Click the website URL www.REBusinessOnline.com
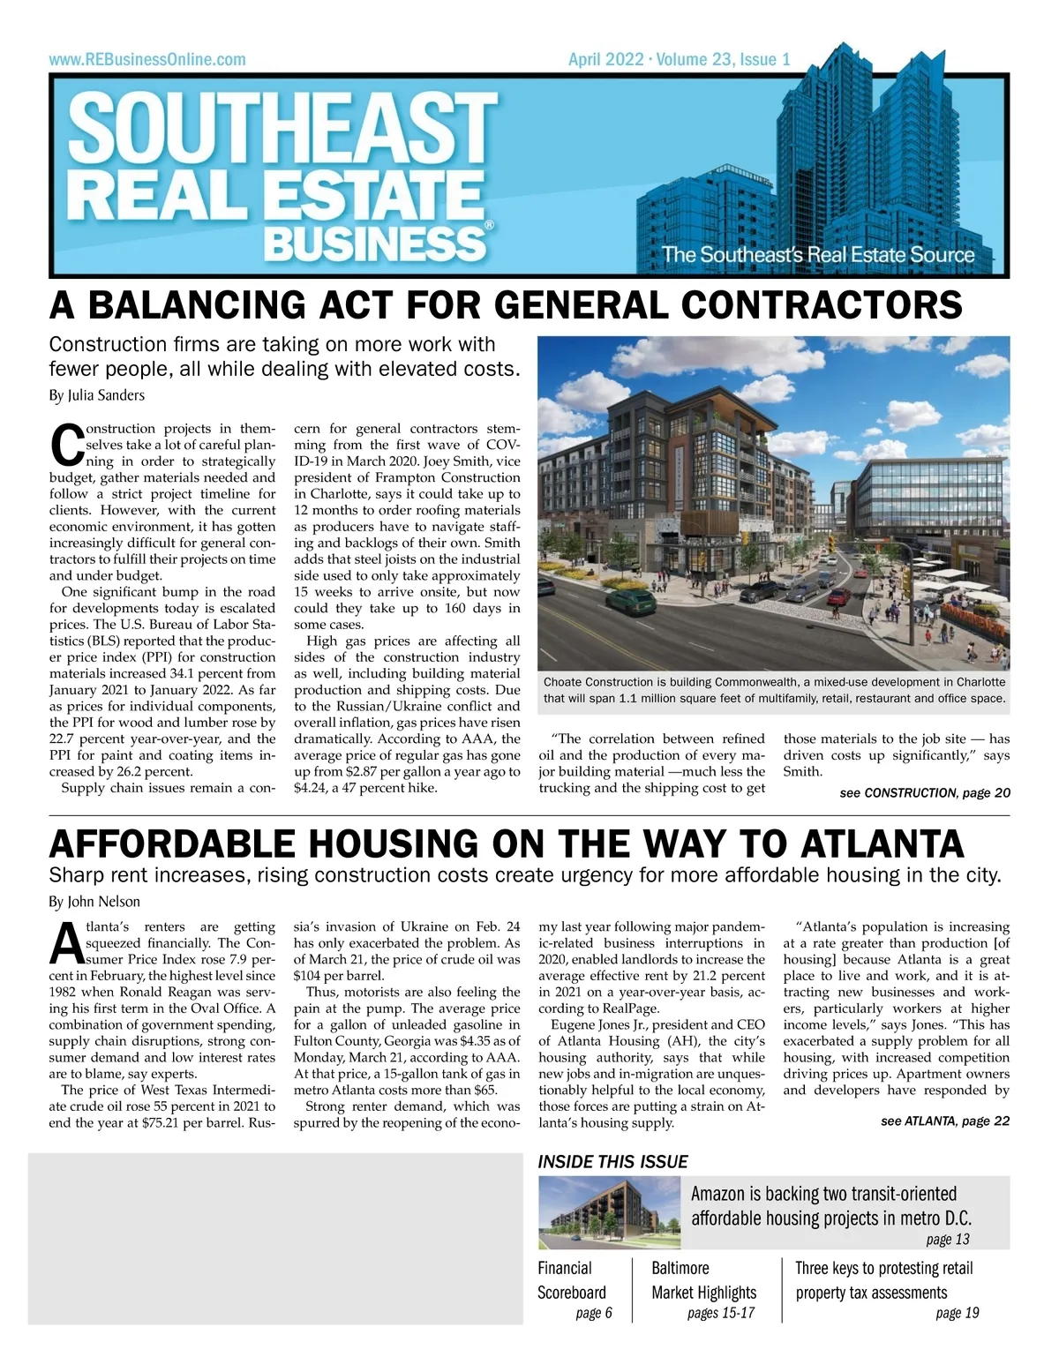click(x=147, y=60)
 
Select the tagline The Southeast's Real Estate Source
click(x=818, y=255)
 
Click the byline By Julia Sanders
click(x=97, y=395)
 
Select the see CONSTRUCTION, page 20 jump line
click(x=925, y=793)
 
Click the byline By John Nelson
click(x=94, y=902)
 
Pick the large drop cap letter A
click(x=66, y=944)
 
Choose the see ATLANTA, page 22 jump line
click(x=945, y=1121)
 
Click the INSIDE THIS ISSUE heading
click(x=612, y=1162)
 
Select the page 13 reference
click(x=948, y=1240)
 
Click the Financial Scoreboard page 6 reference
click(x=593, y=1313)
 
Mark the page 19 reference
click(x=958, y=1313)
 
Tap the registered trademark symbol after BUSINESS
click(x=489, y=227)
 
